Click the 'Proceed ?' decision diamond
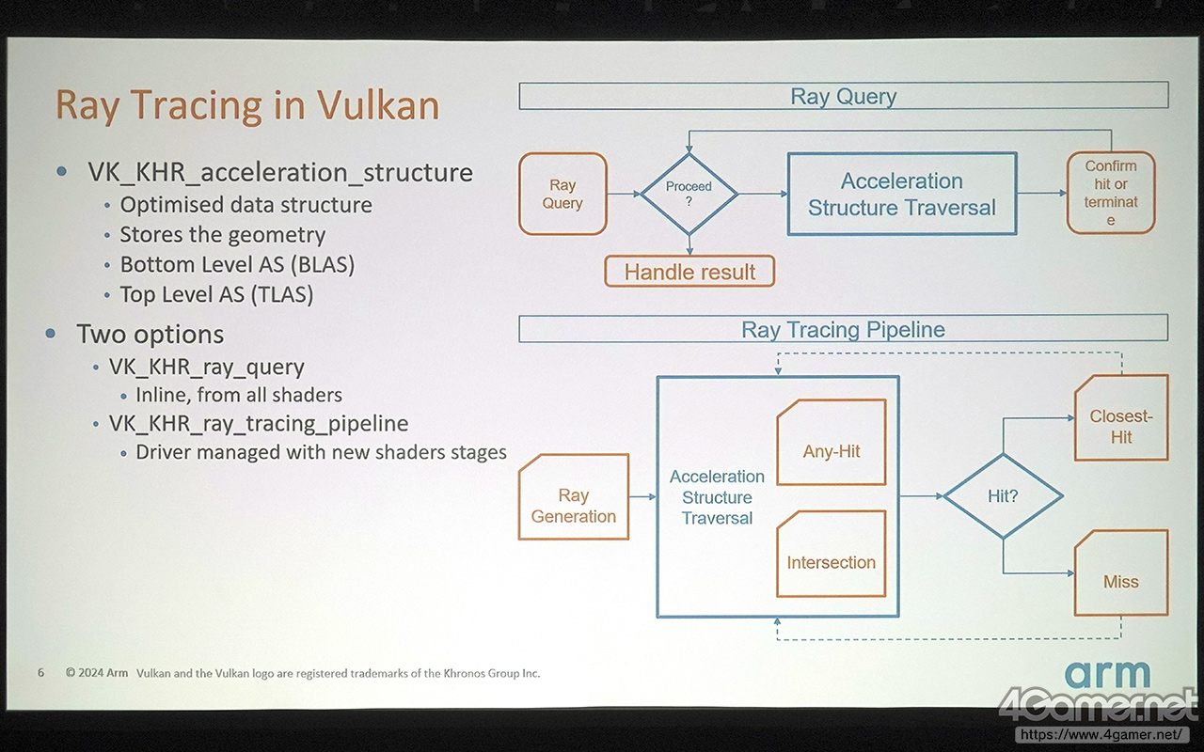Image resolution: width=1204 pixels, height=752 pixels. [x=689, y=195]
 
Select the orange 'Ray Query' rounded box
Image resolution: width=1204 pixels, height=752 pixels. [x=562, y=194]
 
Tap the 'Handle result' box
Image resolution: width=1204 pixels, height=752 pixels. [x=689, y=272]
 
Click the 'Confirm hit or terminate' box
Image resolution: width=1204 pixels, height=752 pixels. [x=1111, y=193]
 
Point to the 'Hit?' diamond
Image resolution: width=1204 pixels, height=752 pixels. [x=1003, y=496]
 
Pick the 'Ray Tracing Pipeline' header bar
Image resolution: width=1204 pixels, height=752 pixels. [x=843, y=329]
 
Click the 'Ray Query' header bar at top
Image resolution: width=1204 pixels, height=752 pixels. [x=843, y=96]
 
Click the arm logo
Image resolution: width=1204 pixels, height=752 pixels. [x=1107, y=675]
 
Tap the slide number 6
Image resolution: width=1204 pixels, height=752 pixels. [x=40, y=673]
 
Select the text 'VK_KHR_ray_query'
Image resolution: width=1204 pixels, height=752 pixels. [x=207, y=367]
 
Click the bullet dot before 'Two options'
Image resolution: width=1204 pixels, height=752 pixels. [x=52, y=334]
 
